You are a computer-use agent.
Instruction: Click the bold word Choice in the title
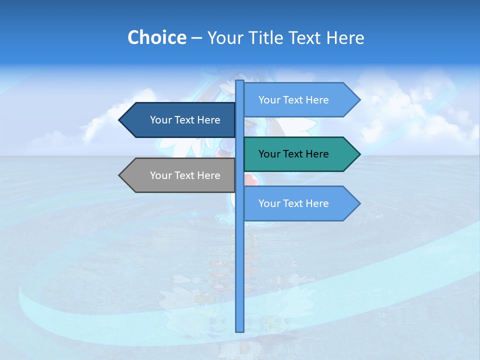click(x=156, y=37)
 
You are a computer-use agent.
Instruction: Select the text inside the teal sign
click(x=293, y=154)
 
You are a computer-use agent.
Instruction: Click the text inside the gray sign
click(x=185, y=175)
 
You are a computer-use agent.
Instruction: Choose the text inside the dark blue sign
click(x=185, y=120)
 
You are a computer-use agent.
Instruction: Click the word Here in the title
click(x=345, y=37)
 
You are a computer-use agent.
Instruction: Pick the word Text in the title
click(x=306, y=37)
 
